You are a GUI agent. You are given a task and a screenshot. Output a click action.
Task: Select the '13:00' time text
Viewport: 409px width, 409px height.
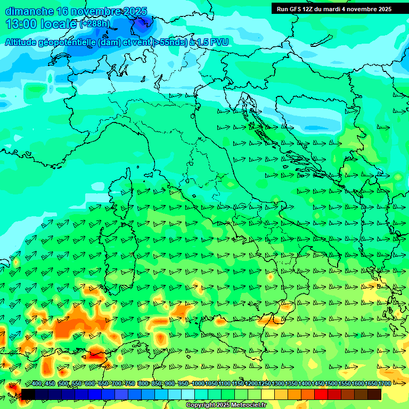coord(21,24)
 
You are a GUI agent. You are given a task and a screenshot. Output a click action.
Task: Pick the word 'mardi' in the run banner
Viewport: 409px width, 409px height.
coord(338,9)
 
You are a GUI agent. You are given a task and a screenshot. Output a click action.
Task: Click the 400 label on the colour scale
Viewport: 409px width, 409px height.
coord(37,384)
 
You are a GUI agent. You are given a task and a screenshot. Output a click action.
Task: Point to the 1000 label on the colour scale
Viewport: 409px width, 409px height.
coord(198,384)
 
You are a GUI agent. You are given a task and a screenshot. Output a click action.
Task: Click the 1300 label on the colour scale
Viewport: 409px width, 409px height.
coord(279,384)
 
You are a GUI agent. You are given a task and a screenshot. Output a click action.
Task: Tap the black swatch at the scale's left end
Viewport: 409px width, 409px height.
coord(28,394)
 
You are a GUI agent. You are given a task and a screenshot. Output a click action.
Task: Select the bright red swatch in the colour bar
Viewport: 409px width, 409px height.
coord(321,394)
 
